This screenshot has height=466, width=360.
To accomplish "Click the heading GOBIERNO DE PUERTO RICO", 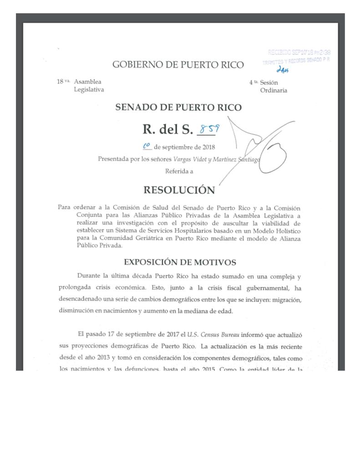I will point(178,65).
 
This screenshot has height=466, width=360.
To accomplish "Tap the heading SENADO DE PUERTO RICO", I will point(178,108).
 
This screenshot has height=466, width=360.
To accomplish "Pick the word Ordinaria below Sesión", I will point(274,90).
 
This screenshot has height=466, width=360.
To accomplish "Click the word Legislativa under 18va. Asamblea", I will point(89,90).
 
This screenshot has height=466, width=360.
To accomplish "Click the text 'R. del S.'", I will point(168,130).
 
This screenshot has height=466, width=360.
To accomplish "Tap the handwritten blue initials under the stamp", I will point(283,69).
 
